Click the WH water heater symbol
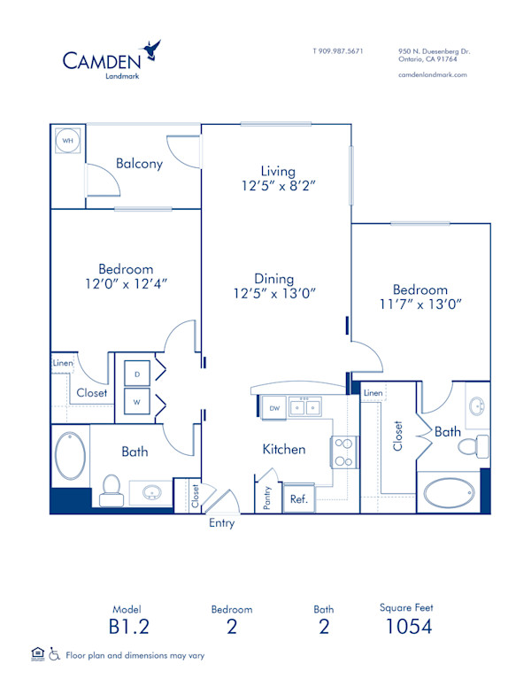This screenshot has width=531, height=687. [66, 141]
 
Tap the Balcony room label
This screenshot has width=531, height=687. [139, 163]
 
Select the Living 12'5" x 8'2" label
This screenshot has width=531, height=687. [277, 179]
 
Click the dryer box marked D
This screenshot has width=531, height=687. [137, 374]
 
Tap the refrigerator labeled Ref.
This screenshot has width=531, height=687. [298, 499]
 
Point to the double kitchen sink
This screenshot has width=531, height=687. [306, 407]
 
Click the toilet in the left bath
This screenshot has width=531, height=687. [112, 489]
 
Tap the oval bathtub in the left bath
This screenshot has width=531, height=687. [71, 455]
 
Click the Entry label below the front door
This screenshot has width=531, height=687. [222, 523]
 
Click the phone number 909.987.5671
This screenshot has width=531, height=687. [342, 51]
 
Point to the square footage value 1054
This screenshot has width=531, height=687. [409, 627]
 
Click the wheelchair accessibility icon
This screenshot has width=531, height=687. [53, 654]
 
